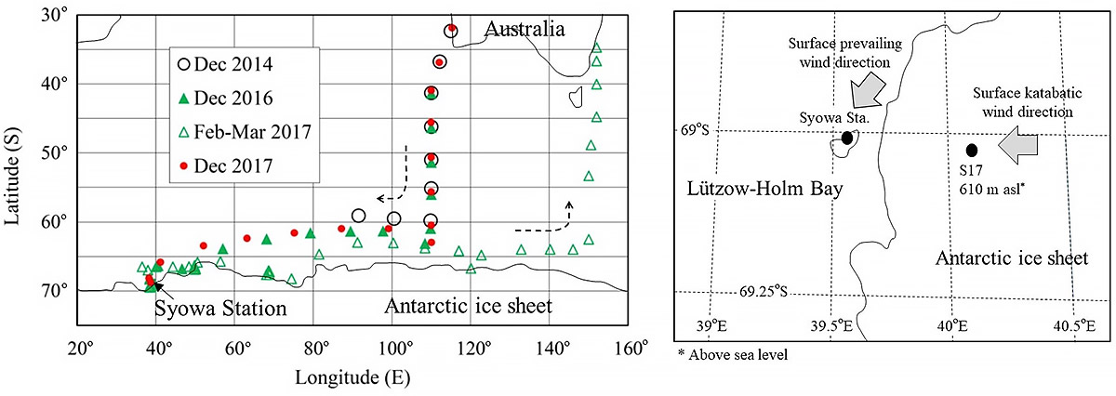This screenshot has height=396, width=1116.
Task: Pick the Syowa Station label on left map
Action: (x=219, y=308)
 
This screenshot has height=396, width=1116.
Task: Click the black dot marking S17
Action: (x=972, y=150)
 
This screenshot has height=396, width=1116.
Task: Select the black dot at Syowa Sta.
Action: (x=847, y=138)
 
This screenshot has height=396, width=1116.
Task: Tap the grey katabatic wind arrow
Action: (x=1019, y=147)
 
